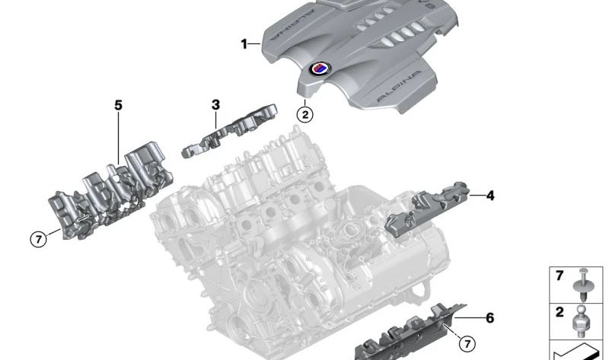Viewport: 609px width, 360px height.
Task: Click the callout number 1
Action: [244, 44]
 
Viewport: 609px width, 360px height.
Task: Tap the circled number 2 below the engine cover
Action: [304, 115]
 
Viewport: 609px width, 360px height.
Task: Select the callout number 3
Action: [215, 104]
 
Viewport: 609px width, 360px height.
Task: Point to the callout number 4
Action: [489, 196]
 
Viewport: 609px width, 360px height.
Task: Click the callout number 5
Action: [118, 105]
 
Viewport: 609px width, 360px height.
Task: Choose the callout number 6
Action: [489, 317]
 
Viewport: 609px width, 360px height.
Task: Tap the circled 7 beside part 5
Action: [38, 239]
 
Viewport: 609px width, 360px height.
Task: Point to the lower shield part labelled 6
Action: [411, 331]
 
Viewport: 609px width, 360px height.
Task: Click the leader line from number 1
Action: [255, 44]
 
